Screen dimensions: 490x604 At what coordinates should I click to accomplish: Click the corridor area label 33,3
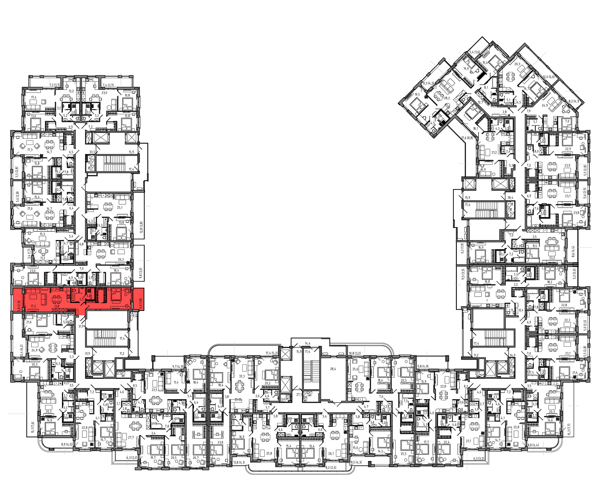click(92, 152)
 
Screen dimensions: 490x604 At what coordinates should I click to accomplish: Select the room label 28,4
click(333, 369)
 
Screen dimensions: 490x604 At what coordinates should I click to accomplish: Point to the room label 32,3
click(242, 376)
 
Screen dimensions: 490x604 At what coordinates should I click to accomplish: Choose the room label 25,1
click(120, 208)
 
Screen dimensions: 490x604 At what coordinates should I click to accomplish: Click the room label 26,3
click(121, 259)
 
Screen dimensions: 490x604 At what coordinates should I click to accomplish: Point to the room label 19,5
click(417, 95)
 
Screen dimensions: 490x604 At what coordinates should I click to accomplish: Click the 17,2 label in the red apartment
click(33, 306)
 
